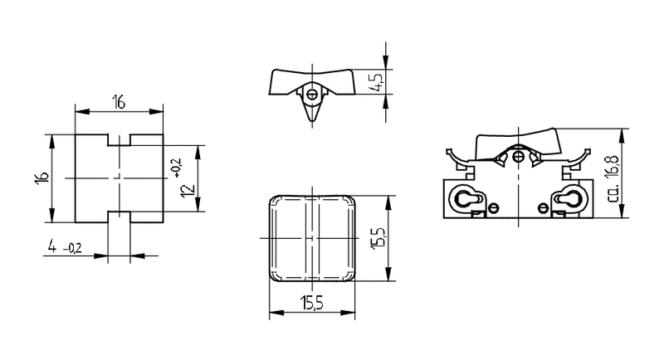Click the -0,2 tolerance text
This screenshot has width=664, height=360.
[x=72, y=248]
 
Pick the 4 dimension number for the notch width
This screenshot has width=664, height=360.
[x=52, y=246]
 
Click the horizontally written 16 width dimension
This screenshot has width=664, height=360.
[x=119, y=102]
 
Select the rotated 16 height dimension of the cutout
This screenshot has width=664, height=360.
[x=42, y=178]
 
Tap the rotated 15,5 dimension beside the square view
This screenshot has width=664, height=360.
[x=378, y=238]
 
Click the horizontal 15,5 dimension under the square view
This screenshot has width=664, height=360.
[x=312, y=303]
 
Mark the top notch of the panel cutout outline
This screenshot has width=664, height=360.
[x=119, y=140]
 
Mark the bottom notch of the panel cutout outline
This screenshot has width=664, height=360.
[x=119, y=217]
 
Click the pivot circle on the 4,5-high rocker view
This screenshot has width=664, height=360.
[x=313, y=95]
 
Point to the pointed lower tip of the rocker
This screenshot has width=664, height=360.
[x=312, y=121]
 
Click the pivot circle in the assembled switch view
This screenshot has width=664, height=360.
[x=518, y=157]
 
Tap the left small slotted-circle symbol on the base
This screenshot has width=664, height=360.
[x=494, y=207]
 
